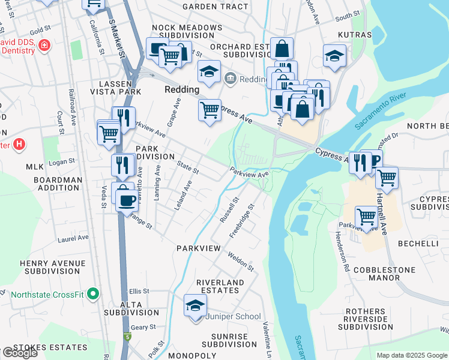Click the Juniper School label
coord(234,317)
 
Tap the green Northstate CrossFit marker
coord(92,294)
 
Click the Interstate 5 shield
coord(126,337)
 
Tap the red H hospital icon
coord(19,144)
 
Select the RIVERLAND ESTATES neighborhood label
coord(220,286)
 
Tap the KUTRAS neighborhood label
coord(355,35)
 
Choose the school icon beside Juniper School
coord(195,307)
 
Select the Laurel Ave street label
coord(73,239)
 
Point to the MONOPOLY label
coord(193,355)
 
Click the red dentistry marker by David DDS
coord(43,46)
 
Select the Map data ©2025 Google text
coord(412,355)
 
